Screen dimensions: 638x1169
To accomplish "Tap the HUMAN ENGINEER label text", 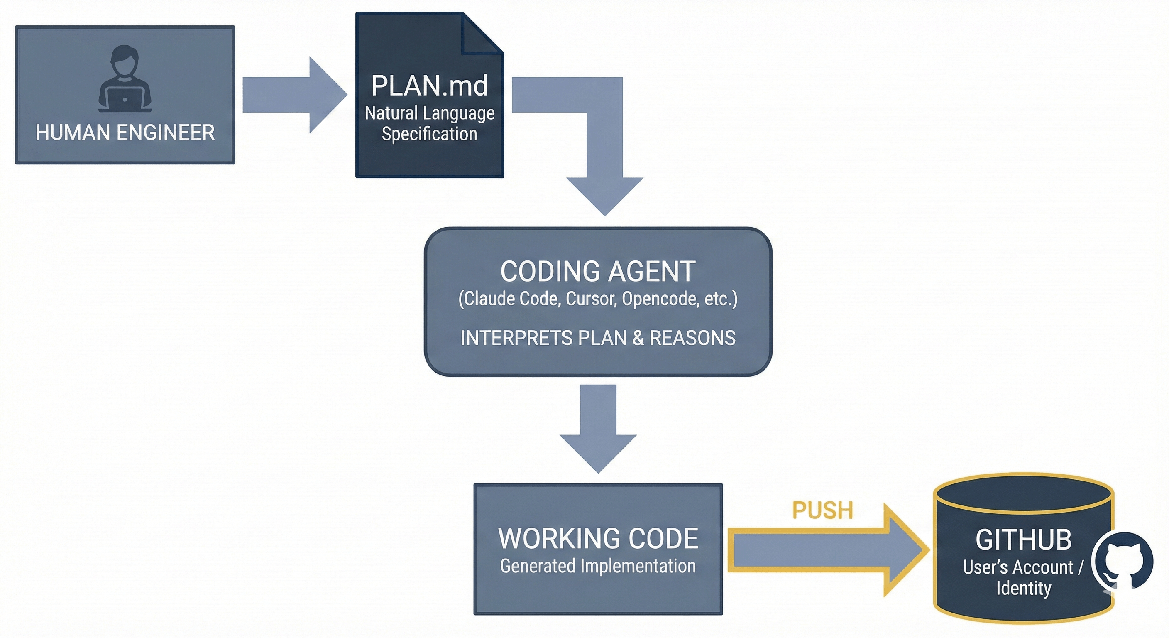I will pos(125,133).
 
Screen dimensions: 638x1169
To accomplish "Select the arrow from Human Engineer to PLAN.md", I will pos(295,95).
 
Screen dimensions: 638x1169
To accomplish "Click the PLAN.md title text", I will pos(429,86).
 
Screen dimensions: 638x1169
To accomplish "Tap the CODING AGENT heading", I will pos(598,272).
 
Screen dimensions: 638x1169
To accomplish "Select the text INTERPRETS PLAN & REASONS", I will pos(598,338).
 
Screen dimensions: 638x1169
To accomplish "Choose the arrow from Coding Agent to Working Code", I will pos(598,427).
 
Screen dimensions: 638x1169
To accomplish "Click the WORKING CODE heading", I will pos(598,539).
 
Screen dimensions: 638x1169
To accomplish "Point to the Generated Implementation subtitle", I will pos(598,566).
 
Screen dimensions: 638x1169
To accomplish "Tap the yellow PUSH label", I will pos(822,510).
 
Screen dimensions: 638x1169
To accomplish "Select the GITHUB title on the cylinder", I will pos(1023,540).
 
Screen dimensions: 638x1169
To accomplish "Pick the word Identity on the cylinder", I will pos(1023,588).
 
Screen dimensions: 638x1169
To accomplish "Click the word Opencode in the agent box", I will pos(660,299).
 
